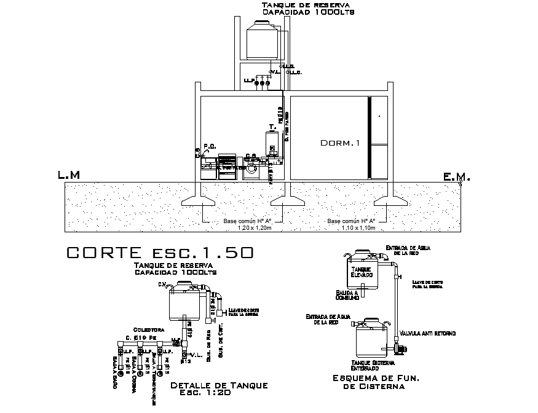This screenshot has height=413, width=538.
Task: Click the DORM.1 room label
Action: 340,143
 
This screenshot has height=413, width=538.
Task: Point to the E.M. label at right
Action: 456,178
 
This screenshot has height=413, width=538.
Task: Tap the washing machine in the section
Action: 251,169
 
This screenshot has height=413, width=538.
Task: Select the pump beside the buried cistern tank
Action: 401,350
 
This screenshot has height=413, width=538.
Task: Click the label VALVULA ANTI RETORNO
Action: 427,334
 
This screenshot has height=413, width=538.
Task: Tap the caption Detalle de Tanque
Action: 219,385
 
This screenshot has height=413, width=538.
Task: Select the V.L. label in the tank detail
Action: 197,355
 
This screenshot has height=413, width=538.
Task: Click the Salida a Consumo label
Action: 347,295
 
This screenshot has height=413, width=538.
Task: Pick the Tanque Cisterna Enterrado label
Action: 369,365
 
